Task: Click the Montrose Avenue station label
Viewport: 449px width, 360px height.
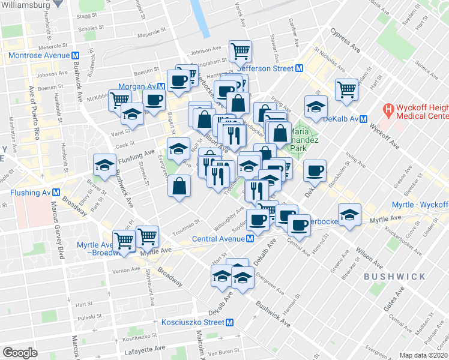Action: pyautogui.click(x=40, y=55)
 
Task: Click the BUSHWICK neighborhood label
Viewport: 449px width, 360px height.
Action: pyautogui.click(x=394, y=277)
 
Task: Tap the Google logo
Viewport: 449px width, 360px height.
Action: pyautogui.click(x=20, y=353)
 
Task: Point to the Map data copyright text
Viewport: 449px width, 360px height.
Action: pyautogui.click(x=424, y=355)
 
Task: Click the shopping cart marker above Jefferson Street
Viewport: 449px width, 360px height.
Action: pyautogui.click(x=240, y=51)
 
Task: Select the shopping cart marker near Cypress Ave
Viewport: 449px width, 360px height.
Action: pyautogui.click(x=346, y=89)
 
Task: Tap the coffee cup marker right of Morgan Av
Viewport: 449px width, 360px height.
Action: pyautogui.click(x=153, y=100)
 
